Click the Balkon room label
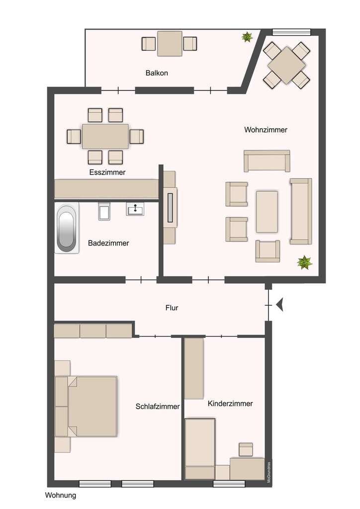pyautogui.click(x=157, y=73)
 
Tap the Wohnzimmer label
pyautogui.click(x=266, y=130)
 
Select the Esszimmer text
pyautogui.click(x=107, y=172)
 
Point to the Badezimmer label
pyautogui.click(x=108, y=243)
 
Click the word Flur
pyautogui.click(x=172, y=308)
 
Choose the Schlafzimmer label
pyautogui.click(x=158, y=407)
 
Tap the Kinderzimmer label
pyautogui.click(x=230, y=404)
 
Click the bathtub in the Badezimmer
pyautogui.click(x=67, y=228)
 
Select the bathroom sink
pyautogui.click(x=135, y=209)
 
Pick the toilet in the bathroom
pyautogui.click(x=104, y=211)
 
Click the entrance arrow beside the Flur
pyautogui.click(x=279, y=305)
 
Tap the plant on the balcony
pyautogui.click(x=247, y=37)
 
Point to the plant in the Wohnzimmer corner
pyautogui.click(x=304, y=262)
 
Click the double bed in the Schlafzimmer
pyautogui.click(x=87, y=406)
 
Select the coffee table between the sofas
pyautogui.click(x=267, y=212)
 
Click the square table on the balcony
pyautogui.click(x=170, y=44)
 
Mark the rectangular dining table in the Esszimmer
pyautogui.click(x=105, y=136)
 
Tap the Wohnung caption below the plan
pyautogui.click(x=61, y=496)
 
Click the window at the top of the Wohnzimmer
pyautogui.click(x=291, y=32)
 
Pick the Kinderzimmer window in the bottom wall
pyautogui.click(x=229, y=484)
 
